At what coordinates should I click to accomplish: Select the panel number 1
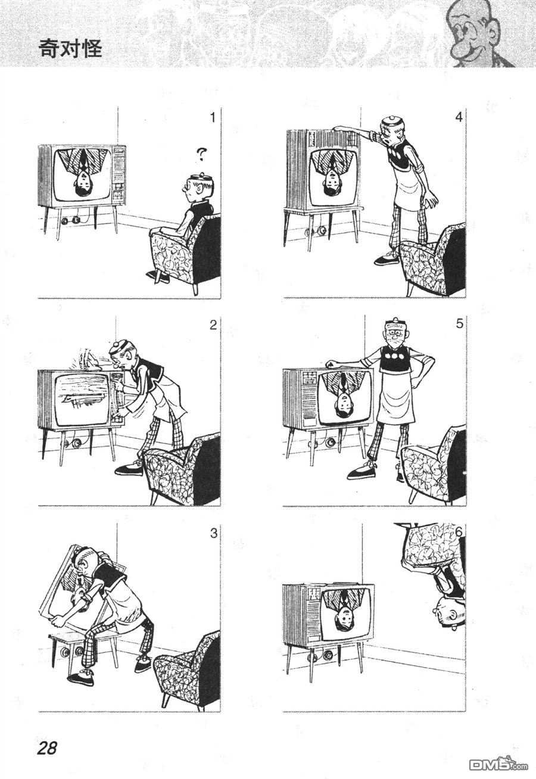point(213,119)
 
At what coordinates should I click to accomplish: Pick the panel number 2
point(213,325)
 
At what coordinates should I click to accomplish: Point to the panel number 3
point(214,533)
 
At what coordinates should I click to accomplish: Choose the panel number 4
point(459,117)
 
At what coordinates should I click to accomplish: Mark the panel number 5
point(460,324)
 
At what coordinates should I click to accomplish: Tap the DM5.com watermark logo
point(498,764)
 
